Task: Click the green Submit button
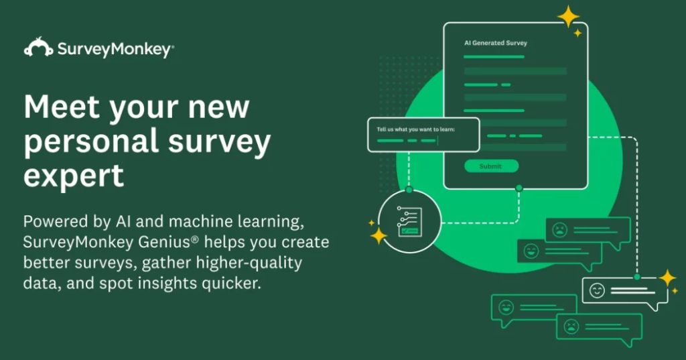[x=491, y=166]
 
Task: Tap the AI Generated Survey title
[x=496, y=43]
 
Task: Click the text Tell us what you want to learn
[x=415, y=129]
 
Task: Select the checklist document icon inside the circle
[x=409, y=222]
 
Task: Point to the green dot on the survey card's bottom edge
[x=519, y=188]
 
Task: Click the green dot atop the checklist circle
[x=409, y=190]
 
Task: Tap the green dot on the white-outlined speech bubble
[x=637, y=277]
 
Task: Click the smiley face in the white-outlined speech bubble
[x=597, y=290]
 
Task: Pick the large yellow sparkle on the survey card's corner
[x=568, y=17]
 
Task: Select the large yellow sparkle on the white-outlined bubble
[x=668, y=278]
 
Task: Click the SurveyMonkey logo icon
[x=38, y=47]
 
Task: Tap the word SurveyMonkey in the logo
[x=115, y=49]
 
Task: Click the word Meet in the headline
[x=62, y=107]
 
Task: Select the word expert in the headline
[x=74, y=176]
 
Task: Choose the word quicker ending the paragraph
[x=231, y=284]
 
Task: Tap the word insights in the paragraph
[x=167, y=284]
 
